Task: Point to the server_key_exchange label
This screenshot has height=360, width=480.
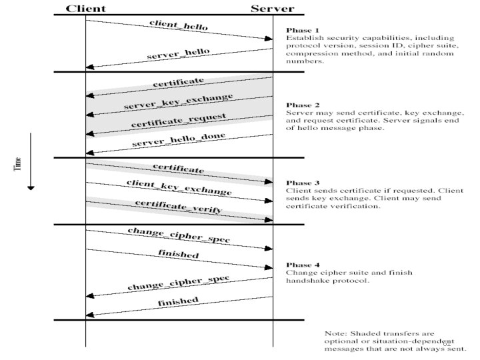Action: pos(178,102)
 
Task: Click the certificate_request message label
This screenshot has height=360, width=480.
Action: pos(178,121)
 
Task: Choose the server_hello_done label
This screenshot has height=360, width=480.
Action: pos(178,140)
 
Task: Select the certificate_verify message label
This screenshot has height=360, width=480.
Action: pos(178,206)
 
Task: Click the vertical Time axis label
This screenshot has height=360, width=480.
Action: pos(18,162)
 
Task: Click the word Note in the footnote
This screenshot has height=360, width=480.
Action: pos(334,333)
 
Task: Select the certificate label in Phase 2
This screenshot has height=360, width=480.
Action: pos(178,83)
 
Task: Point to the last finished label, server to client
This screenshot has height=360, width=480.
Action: pos(178,302)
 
